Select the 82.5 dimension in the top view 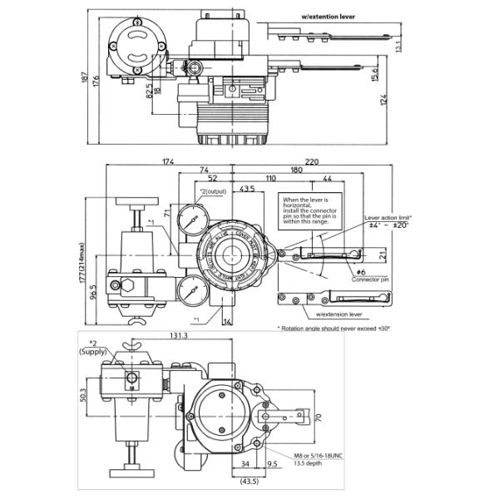149,85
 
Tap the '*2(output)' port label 202,191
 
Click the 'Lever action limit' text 388,217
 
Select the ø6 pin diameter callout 361,272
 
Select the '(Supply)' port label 93,352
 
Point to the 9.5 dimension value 272,467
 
